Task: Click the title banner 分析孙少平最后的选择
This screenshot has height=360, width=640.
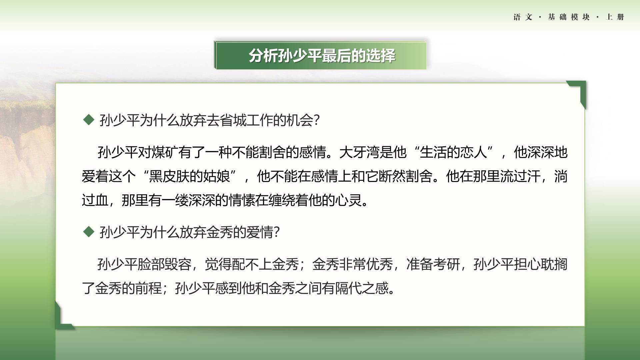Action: [x=320, y=55]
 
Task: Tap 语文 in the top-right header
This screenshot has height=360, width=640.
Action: [x=523, y=17]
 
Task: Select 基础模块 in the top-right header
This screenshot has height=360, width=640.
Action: [x=569, y=17]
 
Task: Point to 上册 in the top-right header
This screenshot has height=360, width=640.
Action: [x=615, y=17]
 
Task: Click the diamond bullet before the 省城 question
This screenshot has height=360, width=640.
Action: [x=89, y=120]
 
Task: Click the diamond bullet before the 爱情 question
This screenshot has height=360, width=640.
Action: [x=89, y=232]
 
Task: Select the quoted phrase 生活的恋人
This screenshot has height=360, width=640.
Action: [x=453, y=152]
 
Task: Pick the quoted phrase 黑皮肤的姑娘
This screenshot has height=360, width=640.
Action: [x=189, y=176]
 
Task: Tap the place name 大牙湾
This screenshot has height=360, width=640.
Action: [x=359, y=152]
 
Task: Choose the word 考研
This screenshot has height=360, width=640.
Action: [x=447, y=264]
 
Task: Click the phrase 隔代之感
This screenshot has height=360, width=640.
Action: [x=362, y=288]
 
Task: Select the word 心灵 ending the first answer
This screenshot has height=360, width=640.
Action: [x=349, y=200]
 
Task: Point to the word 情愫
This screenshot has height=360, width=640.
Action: [x=242, y=200]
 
